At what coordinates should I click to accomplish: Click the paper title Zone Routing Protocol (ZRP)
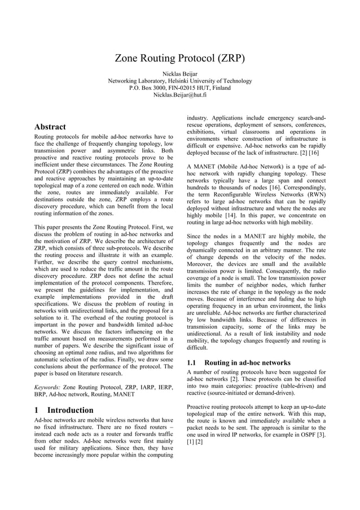179,58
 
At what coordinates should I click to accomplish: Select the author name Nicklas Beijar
180,74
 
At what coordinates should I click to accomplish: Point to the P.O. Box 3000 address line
180,88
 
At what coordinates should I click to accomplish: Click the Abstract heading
50,127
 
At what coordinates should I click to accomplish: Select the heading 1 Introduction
64,409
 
